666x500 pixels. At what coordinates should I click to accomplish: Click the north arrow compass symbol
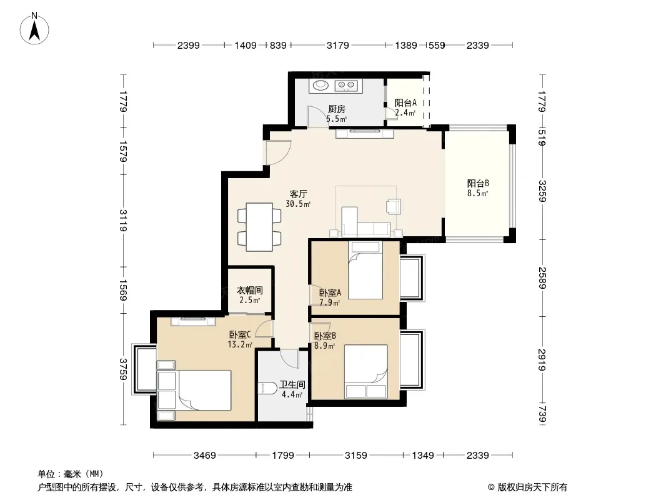point(34,29)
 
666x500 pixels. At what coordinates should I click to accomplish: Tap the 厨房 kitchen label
point(336,109)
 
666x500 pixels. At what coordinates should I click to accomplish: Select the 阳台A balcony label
point(405,102)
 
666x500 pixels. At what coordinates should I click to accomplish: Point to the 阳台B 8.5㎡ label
point(478,188)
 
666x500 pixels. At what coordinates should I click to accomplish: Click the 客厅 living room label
point(298,194)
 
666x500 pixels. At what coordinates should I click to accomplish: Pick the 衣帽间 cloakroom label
point(250,291)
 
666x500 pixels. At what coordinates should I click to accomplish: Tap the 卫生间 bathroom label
point(292,385)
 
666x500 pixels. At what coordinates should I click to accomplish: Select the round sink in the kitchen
point(321,86)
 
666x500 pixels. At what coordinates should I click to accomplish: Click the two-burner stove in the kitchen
point(347,86)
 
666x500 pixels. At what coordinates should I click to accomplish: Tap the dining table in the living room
point(259,227)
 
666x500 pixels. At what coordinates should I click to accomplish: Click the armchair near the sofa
point(394,206)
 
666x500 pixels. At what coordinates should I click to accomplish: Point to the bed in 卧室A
point(365,270)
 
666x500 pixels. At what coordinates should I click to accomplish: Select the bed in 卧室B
point(365,372)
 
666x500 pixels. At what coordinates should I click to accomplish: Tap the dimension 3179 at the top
point(337,45)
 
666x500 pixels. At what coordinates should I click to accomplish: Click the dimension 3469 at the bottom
point(205,456)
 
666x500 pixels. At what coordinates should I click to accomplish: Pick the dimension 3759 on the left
point(123,369)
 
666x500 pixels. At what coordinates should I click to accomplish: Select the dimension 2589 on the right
point(542,278)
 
